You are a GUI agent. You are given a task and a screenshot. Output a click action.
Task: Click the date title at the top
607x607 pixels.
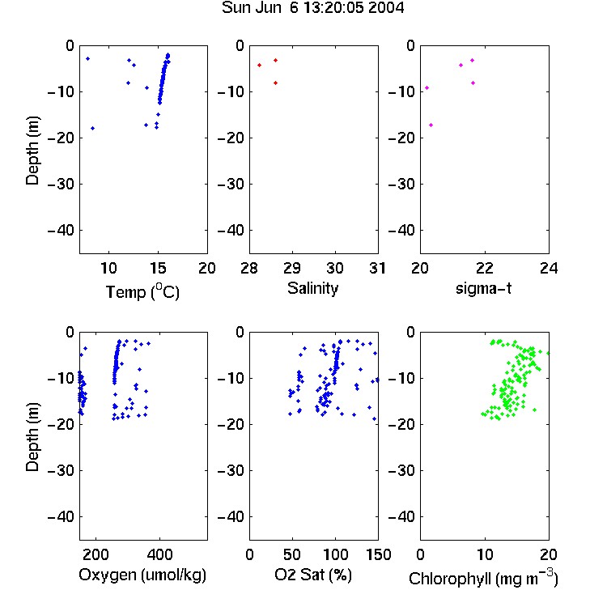312,7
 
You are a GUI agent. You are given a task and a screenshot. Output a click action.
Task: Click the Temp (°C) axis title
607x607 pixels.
142,291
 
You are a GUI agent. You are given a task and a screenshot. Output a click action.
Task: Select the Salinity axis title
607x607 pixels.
312,288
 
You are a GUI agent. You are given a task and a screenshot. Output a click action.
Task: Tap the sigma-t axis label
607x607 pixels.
483,288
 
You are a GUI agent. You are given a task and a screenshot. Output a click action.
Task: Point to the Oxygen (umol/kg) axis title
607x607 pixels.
142,575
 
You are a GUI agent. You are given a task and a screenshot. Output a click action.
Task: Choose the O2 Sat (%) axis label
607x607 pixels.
313,575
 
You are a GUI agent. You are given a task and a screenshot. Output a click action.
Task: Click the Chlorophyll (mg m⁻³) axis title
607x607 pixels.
483,578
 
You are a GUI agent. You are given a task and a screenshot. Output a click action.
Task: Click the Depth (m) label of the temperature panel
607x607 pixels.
32,151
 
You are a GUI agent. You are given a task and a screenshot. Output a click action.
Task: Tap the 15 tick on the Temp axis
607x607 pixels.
158,268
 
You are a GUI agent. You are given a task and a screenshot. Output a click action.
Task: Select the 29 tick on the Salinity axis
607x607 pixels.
292,268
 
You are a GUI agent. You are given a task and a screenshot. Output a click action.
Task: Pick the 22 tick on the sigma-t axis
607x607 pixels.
484,268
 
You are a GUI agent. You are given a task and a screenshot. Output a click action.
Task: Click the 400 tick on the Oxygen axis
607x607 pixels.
159,554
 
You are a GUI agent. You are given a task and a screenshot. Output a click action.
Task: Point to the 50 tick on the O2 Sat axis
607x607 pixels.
292,554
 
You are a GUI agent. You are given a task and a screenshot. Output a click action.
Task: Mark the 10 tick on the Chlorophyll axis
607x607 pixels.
484,554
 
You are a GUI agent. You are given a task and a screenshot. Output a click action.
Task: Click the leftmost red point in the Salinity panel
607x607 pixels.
259,65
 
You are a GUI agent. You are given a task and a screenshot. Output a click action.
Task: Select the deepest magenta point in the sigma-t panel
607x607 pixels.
431,125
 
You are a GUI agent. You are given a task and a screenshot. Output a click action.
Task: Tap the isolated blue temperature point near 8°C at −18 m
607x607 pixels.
92,128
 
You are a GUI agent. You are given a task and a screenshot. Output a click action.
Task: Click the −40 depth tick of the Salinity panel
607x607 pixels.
231,231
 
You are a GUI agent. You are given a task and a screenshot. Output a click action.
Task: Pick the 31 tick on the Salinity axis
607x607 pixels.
377,268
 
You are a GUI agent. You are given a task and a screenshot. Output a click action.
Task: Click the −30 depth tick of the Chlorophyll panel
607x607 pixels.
401,470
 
